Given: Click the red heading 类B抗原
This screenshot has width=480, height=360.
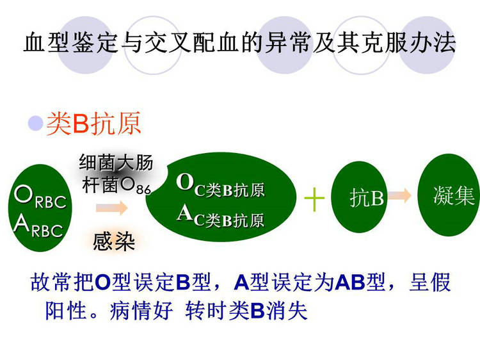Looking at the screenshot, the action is pos(93,124).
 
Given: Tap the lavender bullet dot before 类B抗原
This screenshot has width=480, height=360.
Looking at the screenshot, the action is pos(35,123).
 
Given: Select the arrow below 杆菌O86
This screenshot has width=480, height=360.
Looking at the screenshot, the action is pos(111,208).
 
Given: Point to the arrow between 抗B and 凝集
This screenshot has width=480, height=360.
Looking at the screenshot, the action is pos(399,195).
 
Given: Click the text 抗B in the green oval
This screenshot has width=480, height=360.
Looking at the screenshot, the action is pos(367,198).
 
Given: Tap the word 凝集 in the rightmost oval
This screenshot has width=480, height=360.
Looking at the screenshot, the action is pos(454,195).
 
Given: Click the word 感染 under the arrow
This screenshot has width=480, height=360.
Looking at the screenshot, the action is pos(114,241).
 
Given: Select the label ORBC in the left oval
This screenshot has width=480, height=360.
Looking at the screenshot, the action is pos(40,197).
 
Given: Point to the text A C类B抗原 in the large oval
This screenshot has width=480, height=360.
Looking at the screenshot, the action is pos(220,217).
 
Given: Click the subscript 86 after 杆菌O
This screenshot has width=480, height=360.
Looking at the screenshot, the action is pos(143,190).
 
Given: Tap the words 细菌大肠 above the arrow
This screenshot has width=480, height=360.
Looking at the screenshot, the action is pos(116,162).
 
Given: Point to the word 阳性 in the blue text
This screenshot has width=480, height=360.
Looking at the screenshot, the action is pos(65,310).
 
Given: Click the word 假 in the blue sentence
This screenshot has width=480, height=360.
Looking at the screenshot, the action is pos(440,282).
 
